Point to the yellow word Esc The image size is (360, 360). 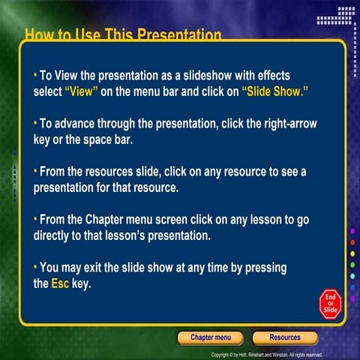pyautogui.click(x=59, y=284)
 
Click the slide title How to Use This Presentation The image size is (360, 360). pyautogui.click(x=123, y=34)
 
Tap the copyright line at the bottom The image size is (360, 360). pyautogui.click(x=266, y=354)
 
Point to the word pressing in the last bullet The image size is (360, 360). pyautogui.click(x=266, y=267)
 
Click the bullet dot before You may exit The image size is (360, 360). pyautogui.click(x=35, y=267)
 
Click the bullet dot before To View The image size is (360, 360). pyautogui.click(x=35, y=75)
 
